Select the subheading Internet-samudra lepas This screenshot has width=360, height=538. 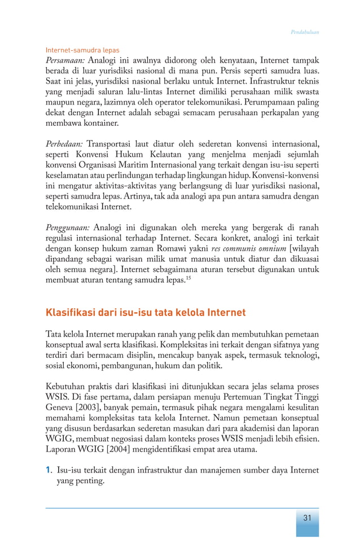(82, 50)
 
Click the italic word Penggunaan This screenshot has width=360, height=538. (67, 228)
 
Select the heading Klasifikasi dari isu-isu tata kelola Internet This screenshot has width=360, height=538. (146, 312)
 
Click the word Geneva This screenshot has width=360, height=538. (59, 408)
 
